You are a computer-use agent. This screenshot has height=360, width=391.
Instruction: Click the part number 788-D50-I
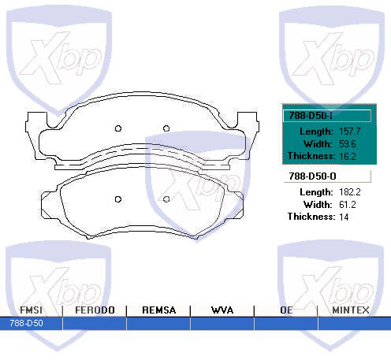click(311, 116)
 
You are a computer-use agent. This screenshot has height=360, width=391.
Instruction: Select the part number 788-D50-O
click(312, 176)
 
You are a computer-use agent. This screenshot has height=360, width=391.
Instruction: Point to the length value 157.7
click(349, 132)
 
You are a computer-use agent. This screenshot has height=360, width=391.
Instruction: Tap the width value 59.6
click(348, 144)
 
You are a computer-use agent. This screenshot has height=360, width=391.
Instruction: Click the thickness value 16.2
click(348, 156)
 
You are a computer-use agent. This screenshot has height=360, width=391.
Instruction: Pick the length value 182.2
click(350, 192)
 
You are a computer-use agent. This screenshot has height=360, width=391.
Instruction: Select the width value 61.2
click(348, 205)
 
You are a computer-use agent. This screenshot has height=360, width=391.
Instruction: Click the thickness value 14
click(344, 217)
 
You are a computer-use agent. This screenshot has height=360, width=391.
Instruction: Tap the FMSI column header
click(31, 310)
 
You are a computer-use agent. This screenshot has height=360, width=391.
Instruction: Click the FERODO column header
click(95, 310)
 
